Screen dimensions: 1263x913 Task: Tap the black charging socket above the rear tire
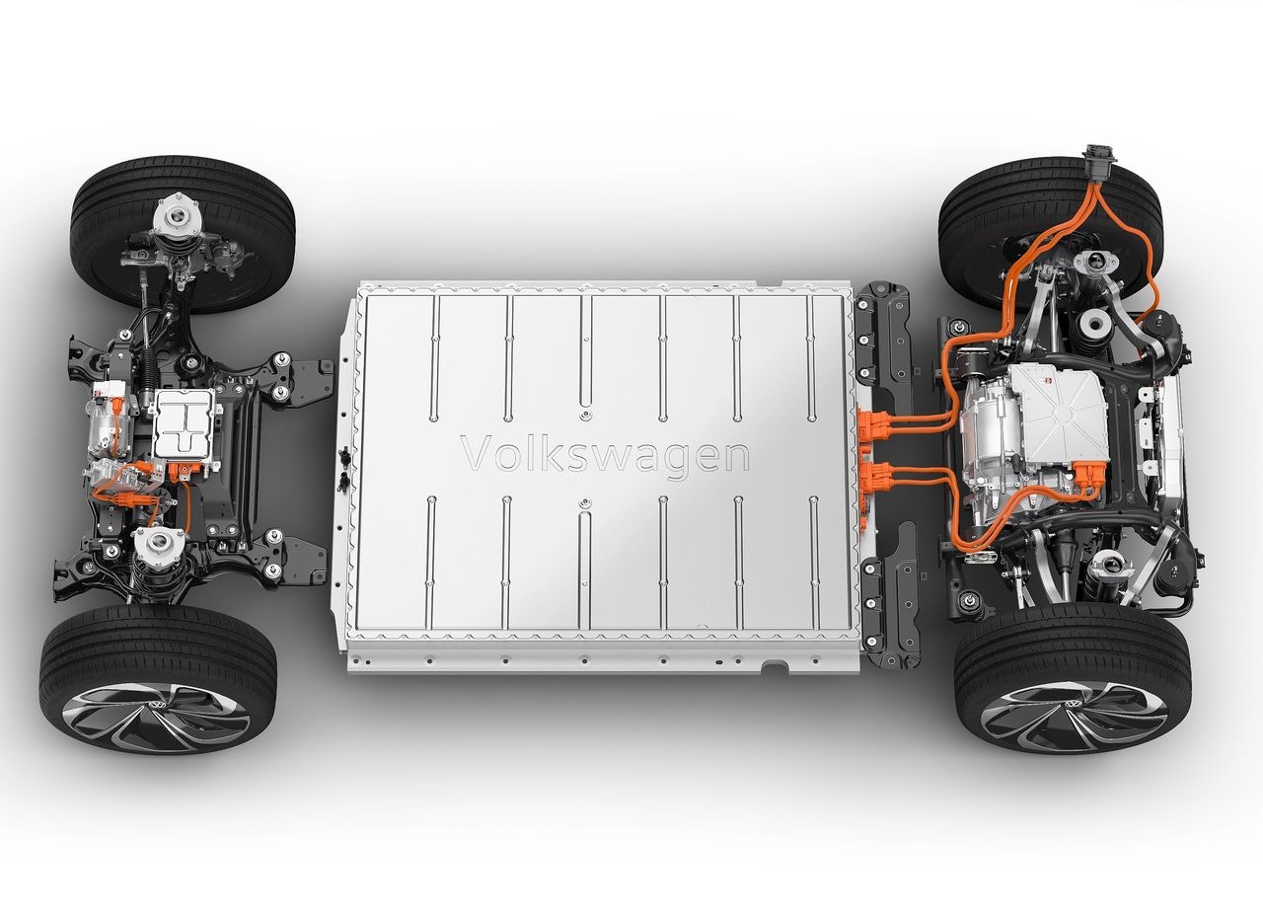1099,160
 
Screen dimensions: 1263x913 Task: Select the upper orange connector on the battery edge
873,423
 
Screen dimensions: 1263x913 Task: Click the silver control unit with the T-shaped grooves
184,423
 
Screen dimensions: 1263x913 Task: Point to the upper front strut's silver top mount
178,216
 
